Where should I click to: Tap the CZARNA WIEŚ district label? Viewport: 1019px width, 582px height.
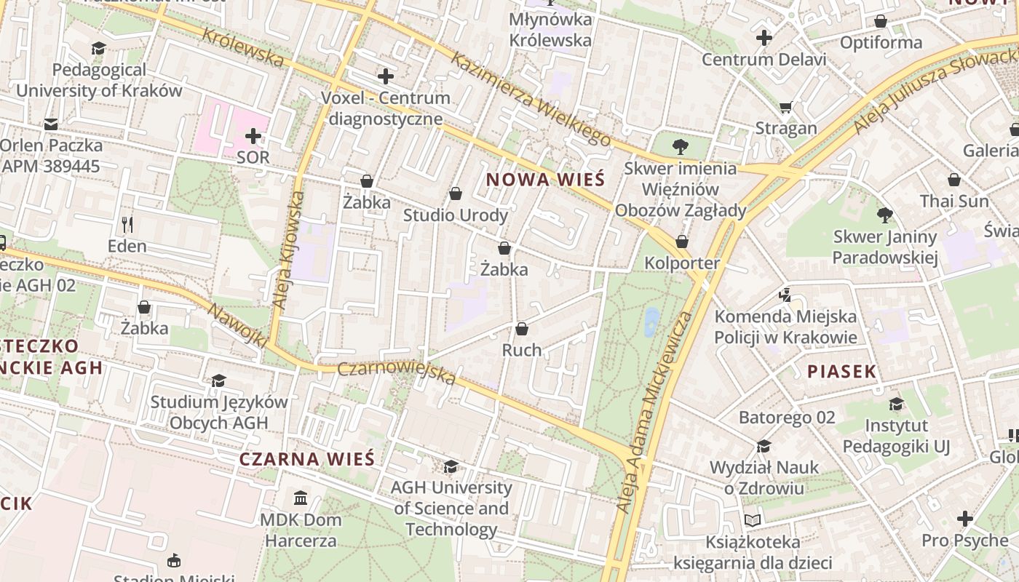tap(306, 459)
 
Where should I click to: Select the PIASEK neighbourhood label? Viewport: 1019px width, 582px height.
tap(841, 372)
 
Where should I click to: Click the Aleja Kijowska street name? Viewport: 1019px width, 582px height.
tap(288, 258)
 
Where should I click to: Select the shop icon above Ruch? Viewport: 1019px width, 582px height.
tap(521, 329)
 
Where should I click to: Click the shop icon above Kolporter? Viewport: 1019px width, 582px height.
tap(682, 242)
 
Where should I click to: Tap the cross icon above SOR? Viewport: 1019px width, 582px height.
tap(253, 136)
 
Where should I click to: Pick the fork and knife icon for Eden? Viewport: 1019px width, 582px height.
tap(127, 224)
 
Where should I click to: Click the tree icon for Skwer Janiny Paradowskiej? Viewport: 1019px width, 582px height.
tap(885, 215)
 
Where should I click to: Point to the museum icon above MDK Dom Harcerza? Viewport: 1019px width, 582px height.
tap(300, 498)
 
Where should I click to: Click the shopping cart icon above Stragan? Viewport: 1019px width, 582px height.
tap(785, 108)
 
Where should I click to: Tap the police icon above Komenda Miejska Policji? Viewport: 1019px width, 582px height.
tap(784, 295)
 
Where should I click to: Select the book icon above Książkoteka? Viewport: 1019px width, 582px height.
tap(752, 520)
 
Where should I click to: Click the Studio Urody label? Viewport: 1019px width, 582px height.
tap(456, 215)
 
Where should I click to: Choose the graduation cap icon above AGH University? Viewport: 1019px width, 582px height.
tap(451, 466)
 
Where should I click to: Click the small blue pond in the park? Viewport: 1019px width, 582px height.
tap(651, 321)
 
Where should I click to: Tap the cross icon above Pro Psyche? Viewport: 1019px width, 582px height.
tap(964, 519)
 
